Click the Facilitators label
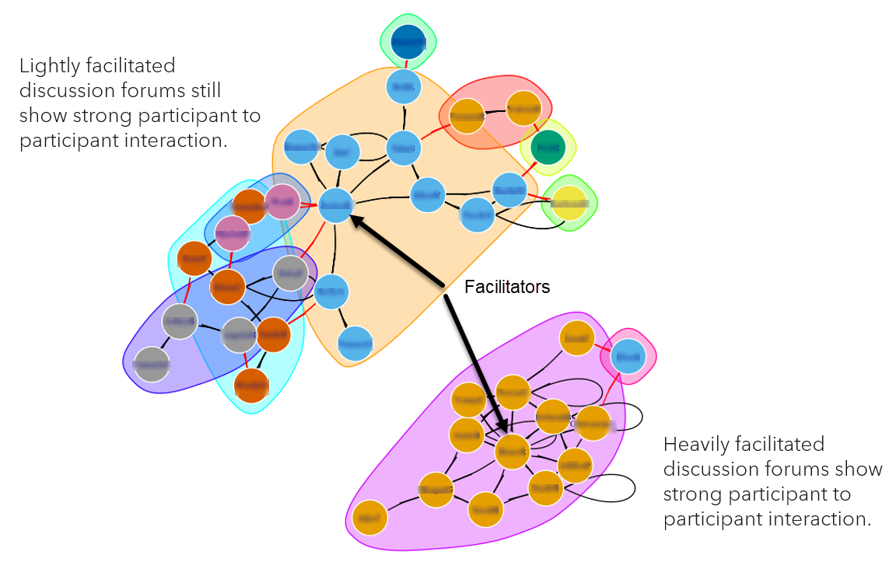pyautogui.click(x=507, y=287)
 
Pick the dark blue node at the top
pyautogui.click(x=408, y=40)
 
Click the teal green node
pyautogui.click(x=548, y=147)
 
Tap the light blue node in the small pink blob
pyautogui.click(x=628, y=356)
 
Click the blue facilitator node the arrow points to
pyautogui.click(x=337, y=205)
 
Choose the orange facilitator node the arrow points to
pyautogui.click(x=513, y=452)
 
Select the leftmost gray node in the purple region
pyautogui.click(x=152, y=364)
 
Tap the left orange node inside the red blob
pyautogui.click(x=467, y=116)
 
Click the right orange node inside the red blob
pyautogui.click(x=523, y=108)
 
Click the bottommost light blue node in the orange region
pyautogui.click(x=355, y=343)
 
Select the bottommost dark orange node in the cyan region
pyautogui.click(x=251, y=385)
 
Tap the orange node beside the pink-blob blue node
pyautogui.click(x=578, y=338)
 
